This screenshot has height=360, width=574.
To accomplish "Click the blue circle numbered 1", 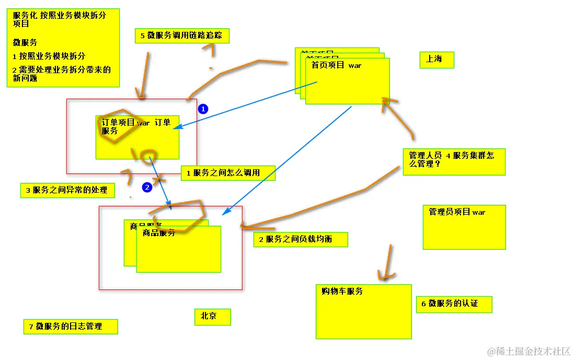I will tap(203, 109).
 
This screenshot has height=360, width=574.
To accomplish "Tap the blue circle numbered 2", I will tap(147, 187).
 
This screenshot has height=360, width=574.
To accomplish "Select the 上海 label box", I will tap(437, 60).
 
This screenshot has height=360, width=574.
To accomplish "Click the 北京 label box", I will tap(212, 317).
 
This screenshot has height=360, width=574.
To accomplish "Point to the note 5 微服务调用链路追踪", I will tap(182, 36).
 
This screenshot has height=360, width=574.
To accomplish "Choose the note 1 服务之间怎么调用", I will tap(228, 173).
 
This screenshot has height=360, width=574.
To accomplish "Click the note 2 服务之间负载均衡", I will tap(301, 239).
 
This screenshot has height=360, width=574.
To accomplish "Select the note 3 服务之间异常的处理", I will tap(67, 190).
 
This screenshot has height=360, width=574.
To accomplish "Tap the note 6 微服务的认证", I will tap(454, 304).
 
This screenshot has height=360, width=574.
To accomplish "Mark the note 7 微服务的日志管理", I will tap(71, 327).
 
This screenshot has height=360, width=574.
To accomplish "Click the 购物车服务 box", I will tap(363, 311).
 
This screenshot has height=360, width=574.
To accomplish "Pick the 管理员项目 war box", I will tap(464, 227).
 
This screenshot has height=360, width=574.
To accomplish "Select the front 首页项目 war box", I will tap(348, 84).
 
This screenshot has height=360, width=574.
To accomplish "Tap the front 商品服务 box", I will tap(179, 251).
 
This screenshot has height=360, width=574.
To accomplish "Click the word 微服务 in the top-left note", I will tap(25, 42).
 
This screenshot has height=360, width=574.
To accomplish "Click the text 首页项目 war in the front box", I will tap(336, 65).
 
